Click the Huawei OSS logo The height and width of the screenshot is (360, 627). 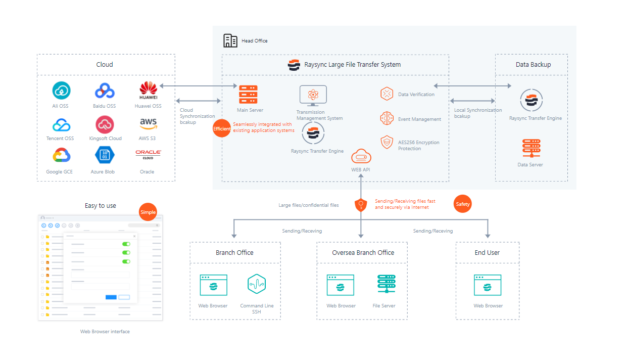pyautogui.click(x=149, y=91)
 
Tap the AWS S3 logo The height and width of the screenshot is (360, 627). pyautogui.click(x=149, y=124)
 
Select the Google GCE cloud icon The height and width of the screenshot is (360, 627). pyautogui.click(x=61, y=155)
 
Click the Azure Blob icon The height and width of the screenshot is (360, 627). pyautogui.click(x=105, y=155)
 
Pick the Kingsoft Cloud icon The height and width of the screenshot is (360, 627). pyautogui.click(x=105, y=124)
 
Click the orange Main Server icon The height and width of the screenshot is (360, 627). pyautogui.click(x=248, y=95)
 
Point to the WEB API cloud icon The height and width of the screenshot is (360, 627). pyautogui.click(x=361, y=156)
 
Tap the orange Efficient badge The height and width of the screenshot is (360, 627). pyautogui.click(x=222, y=128)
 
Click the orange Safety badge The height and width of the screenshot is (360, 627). pyautogui.click(x=462, y=204)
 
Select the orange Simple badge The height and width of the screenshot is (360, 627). pyautogui.click(x=148, y=212)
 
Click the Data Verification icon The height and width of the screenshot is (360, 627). pyautogui.click(x=387, y=94)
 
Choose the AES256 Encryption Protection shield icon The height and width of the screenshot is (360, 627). pyautogui.click(x=387, y=142)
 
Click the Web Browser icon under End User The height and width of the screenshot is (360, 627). pyautogui.click(x=488, y=285)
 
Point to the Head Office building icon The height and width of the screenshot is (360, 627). pyautogui.click(x=230, y=40)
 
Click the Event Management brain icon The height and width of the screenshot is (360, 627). pyautogui.click(x=387, y=118)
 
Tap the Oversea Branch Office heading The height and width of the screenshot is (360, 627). pyautogui.click(x=363, y=252)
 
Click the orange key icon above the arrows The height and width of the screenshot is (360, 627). pyautogui.click(x=361, y=205)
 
